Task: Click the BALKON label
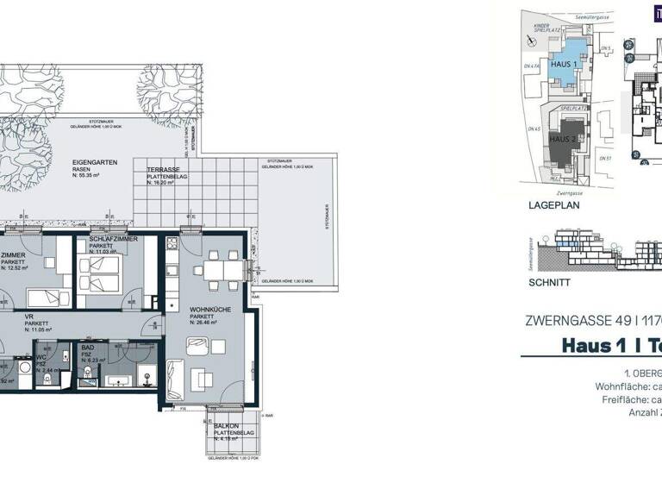(227, 426)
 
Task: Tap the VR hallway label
(28, 317)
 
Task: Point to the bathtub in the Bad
(122, 379)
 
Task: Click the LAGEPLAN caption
(552, 208)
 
